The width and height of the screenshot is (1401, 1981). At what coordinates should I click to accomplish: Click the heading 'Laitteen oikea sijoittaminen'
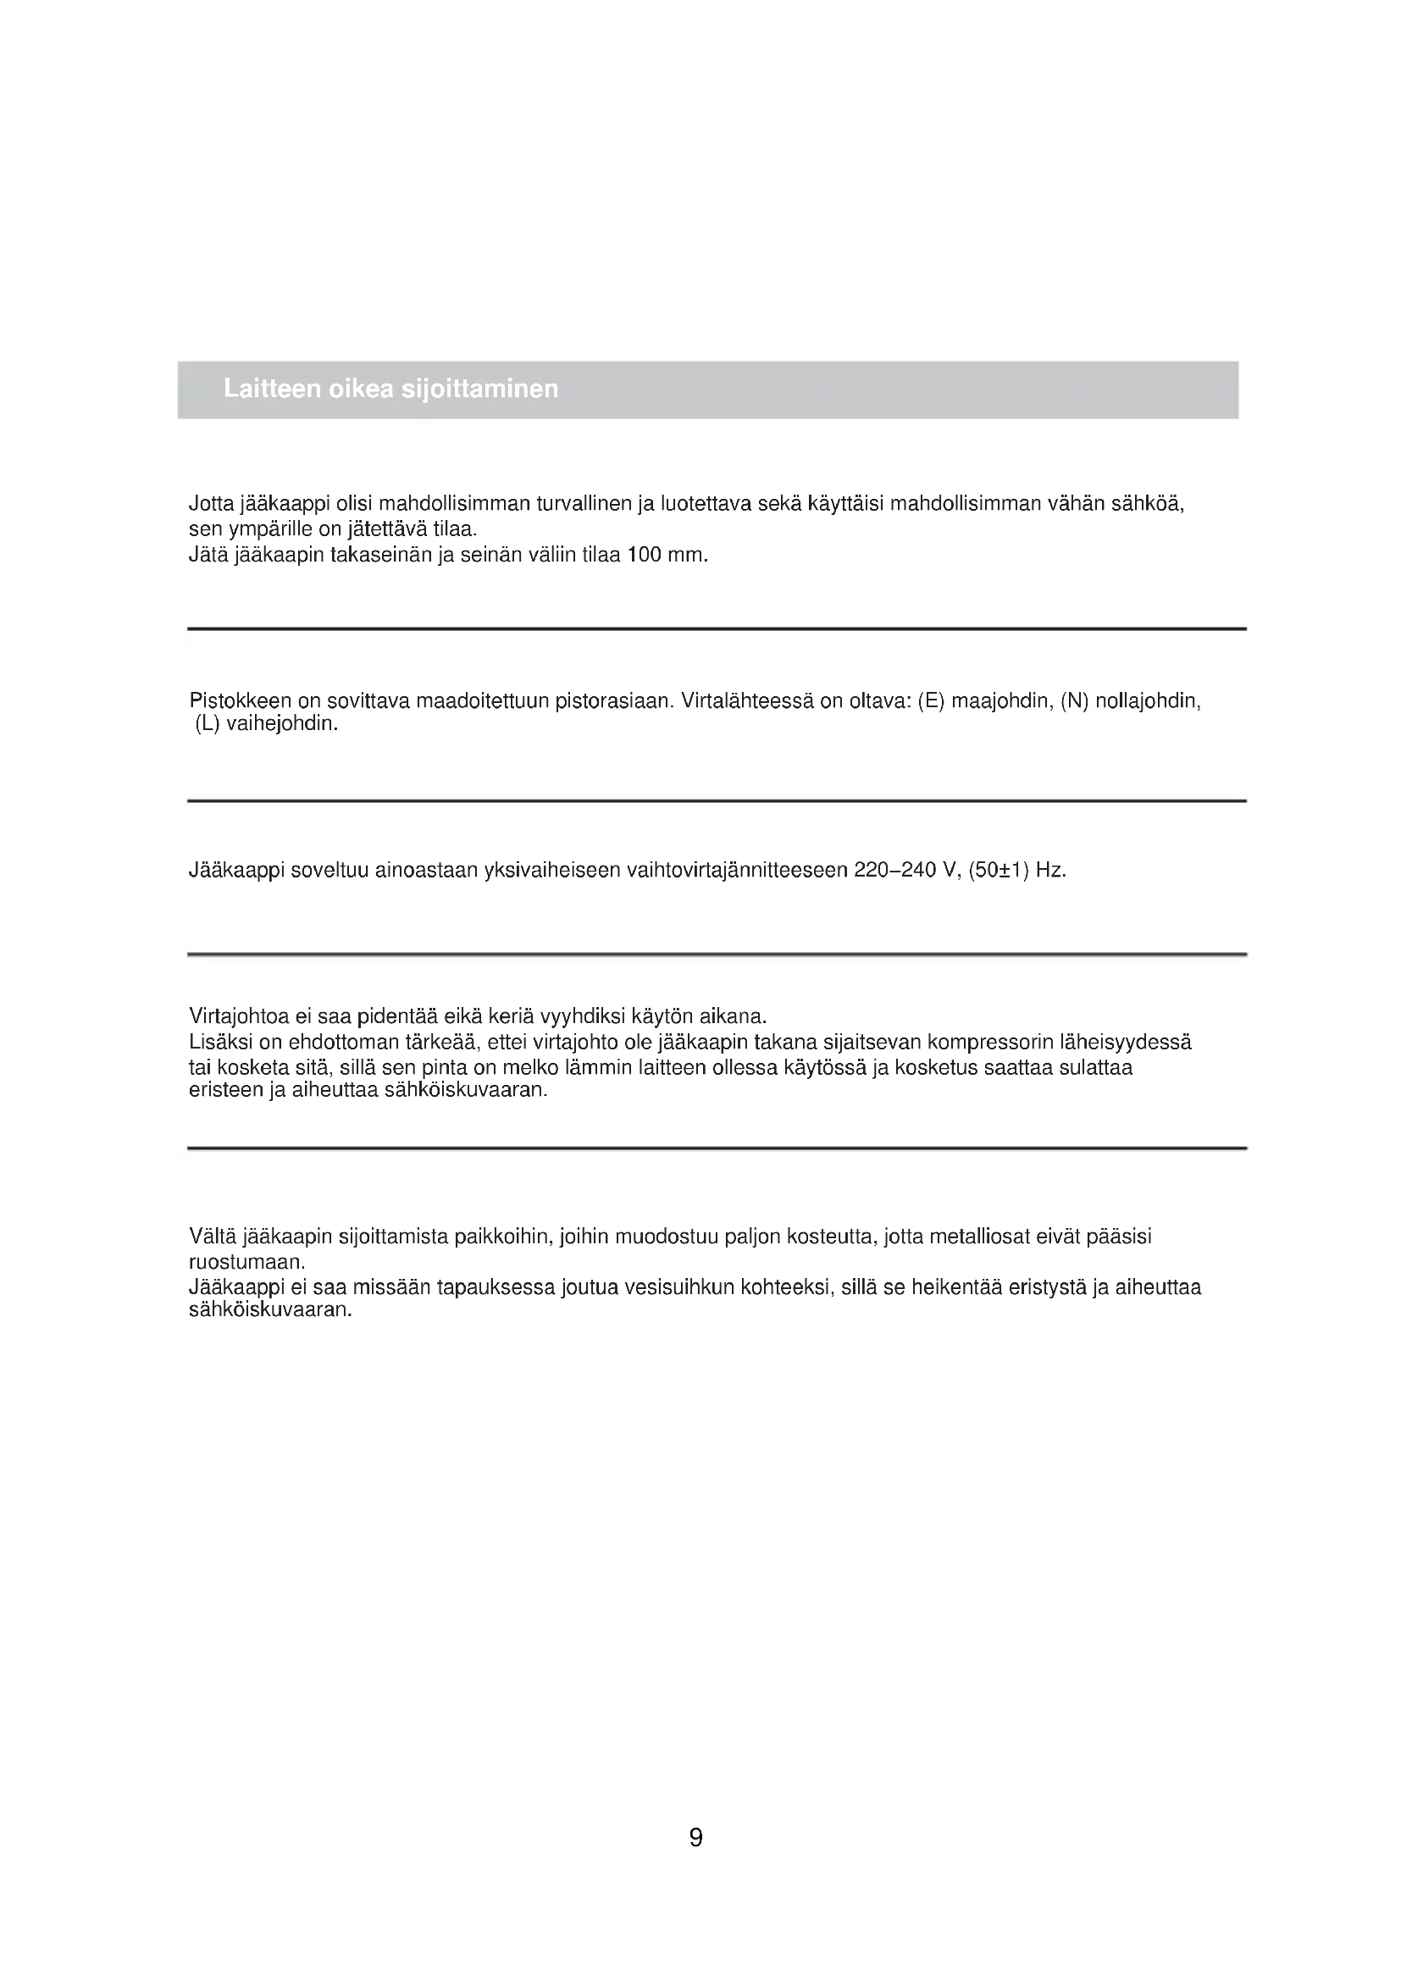point(390,389)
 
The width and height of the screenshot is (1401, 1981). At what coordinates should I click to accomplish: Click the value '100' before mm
point(645,555)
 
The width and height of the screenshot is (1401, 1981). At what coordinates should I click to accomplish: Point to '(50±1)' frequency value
point(999,871)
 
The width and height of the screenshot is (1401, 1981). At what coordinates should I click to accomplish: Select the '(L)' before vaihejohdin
point(208,724)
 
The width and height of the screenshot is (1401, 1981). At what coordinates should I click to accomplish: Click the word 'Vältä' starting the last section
point(212,1237)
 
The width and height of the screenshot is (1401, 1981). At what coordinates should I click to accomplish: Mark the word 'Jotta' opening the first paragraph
point(211,504)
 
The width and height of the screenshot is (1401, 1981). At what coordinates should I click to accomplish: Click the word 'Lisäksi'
point(219,1043)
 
